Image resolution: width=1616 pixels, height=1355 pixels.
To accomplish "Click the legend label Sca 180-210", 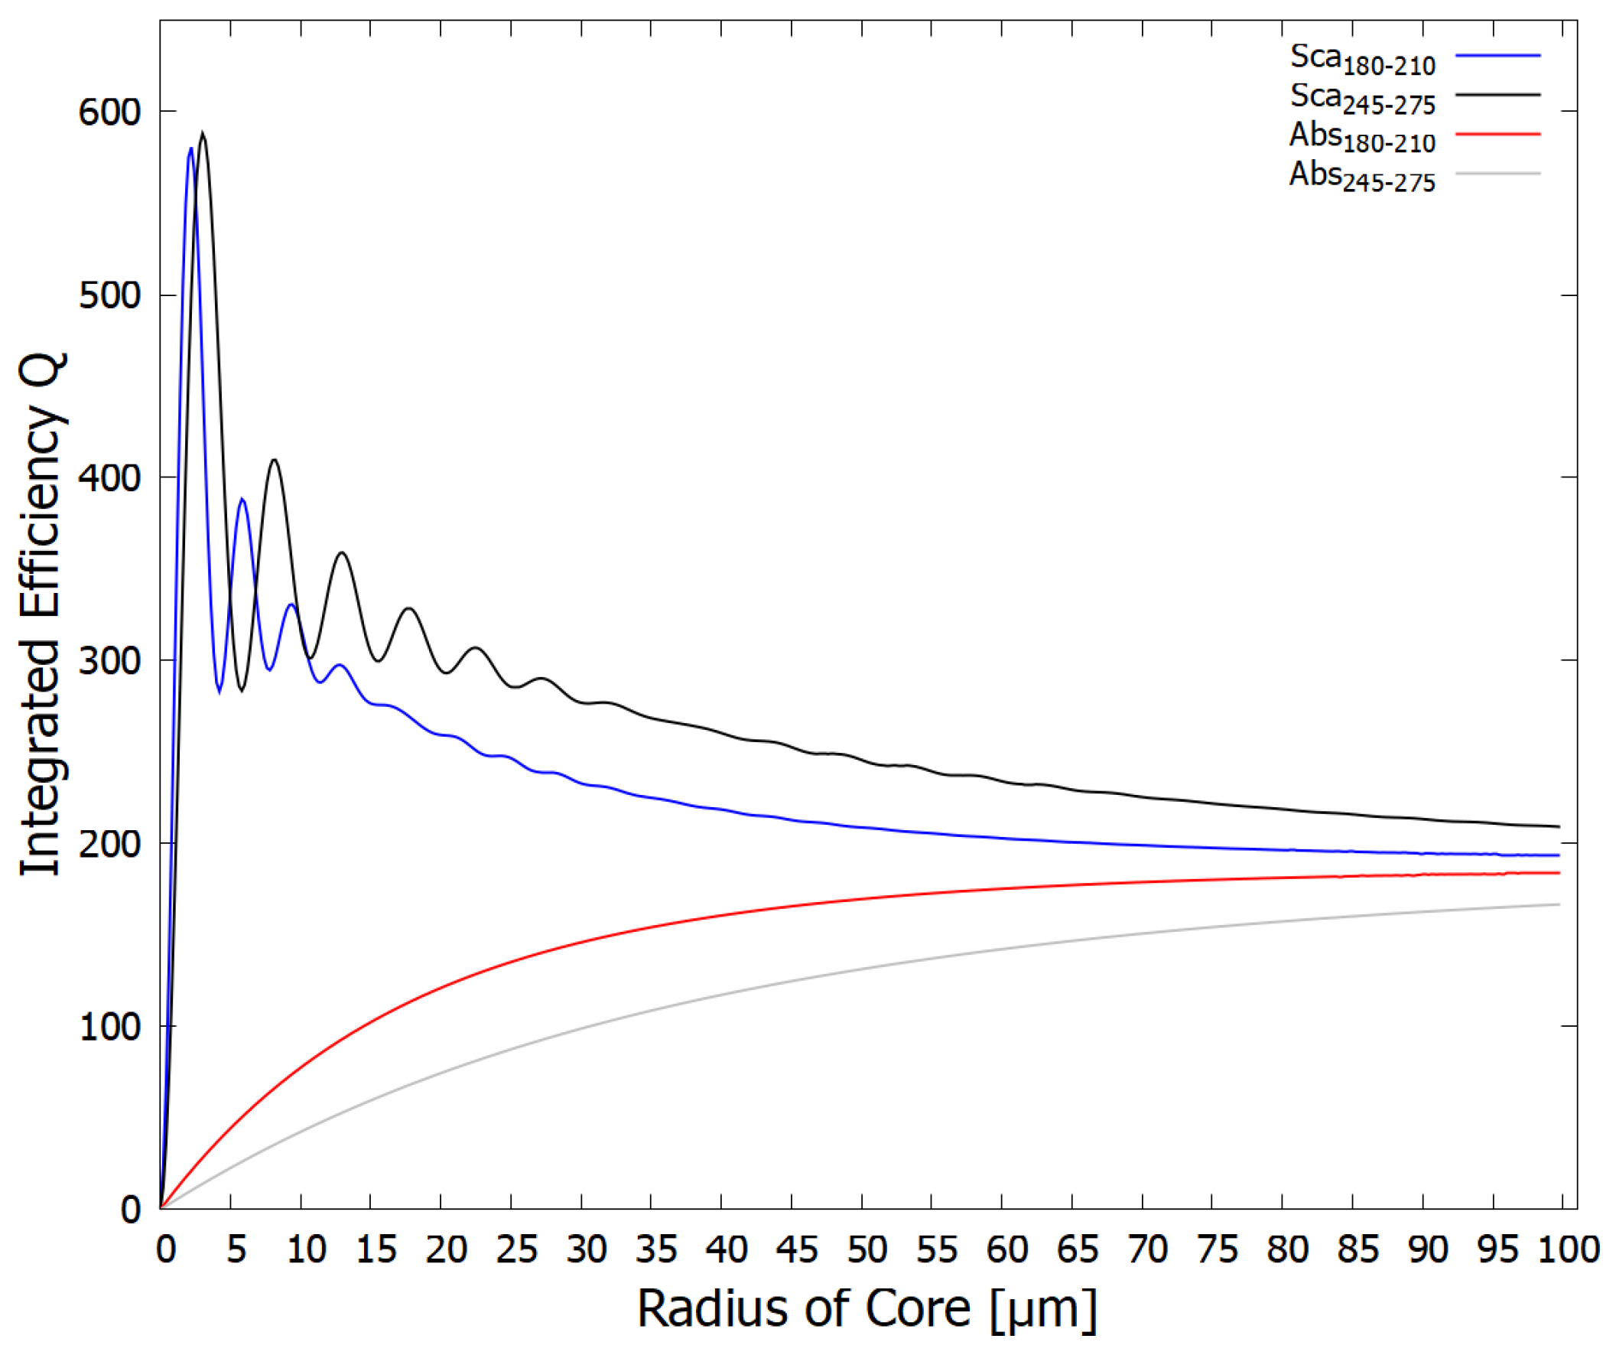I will (1362, 59).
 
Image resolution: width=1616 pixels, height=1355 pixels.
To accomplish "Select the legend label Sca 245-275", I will (1362, 99).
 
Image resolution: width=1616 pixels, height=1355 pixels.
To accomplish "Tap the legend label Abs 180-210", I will (1362, 138).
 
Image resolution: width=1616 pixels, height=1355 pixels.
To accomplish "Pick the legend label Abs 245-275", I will (1362, 177).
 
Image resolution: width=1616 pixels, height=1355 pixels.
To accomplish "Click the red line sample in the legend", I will (1497, 134).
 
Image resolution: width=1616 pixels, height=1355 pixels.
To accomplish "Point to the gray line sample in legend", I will (1497, 173).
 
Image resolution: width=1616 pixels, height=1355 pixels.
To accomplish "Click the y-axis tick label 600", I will (109, 113).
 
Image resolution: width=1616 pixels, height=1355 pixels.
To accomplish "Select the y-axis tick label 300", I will (109, 661).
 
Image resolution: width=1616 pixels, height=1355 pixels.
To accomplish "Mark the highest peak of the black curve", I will (203, 133).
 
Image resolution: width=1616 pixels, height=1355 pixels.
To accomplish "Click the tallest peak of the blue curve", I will (190, 148).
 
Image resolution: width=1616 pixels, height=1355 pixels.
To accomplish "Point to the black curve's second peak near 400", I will (274, 460).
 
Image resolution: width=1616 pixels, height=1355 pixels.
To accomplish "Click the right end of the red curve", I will (1559, 873).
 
